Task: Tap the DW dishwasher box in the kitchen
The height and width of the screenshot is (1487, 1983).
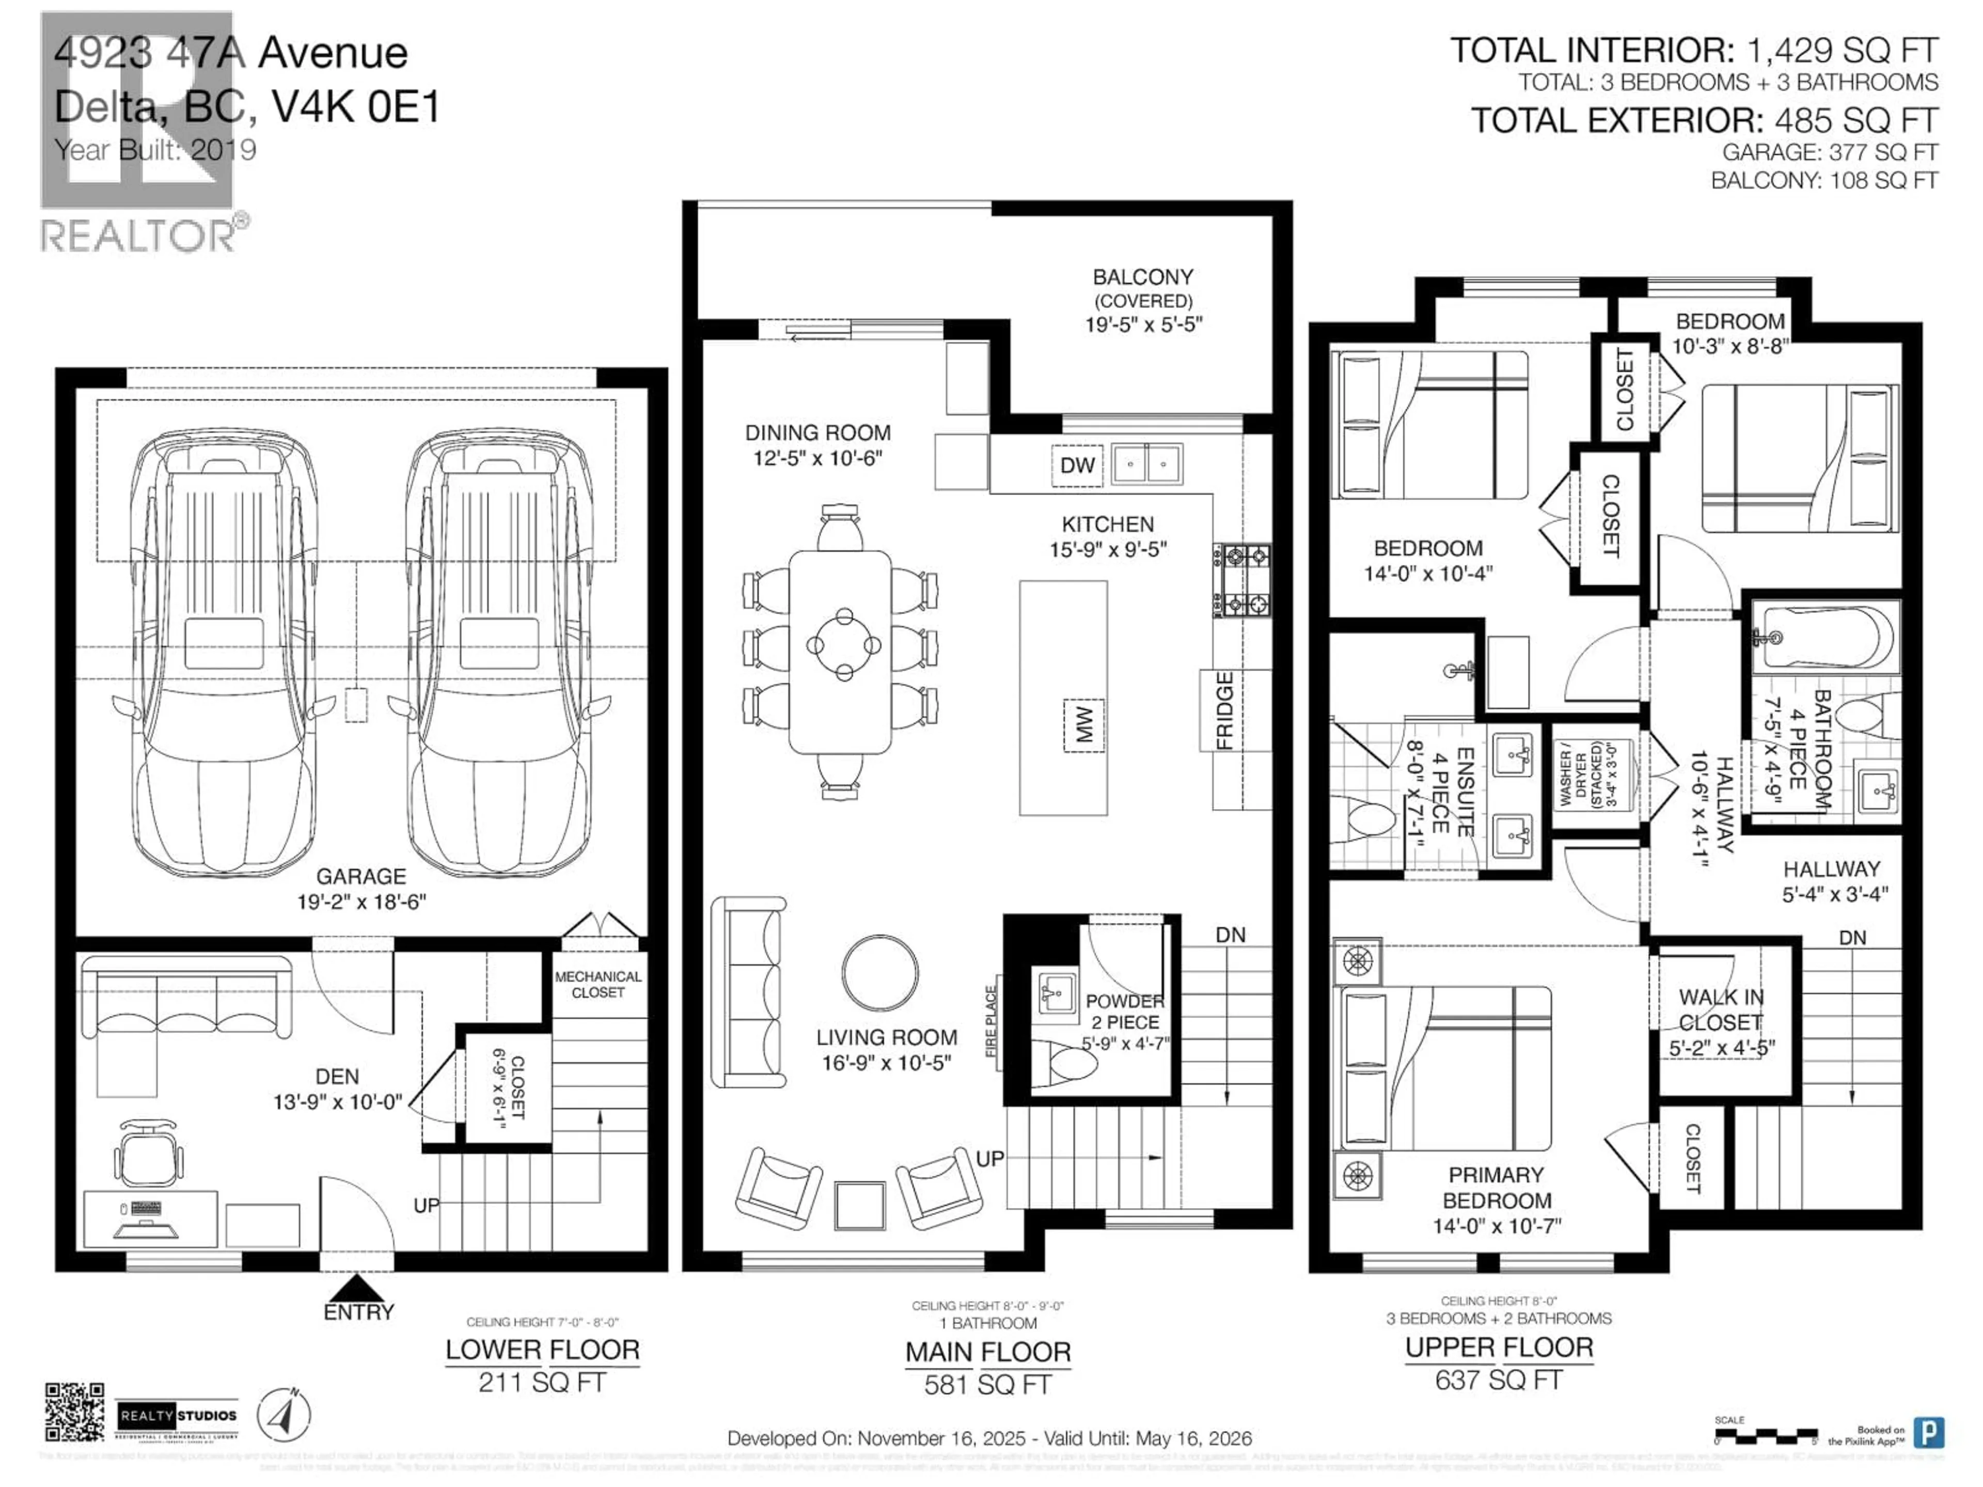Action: click(x=1077, y=465)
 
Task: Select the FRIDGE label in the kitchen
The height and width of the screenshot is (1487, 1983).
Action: click(x=1224, y=711)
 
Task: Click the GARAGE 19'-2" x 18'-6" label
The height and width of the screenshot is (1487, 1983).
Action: click(x=361, y=888)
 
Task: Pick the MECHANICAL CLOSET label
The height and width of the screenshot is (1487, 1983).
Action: click(x=598, y=984)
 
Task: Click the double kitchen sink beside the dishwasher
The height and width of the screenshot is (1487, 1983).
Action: click(x=1146, y=464)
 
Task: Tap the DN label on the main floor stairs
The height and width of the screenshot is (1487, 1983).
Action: click(x=1230, y=935)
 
